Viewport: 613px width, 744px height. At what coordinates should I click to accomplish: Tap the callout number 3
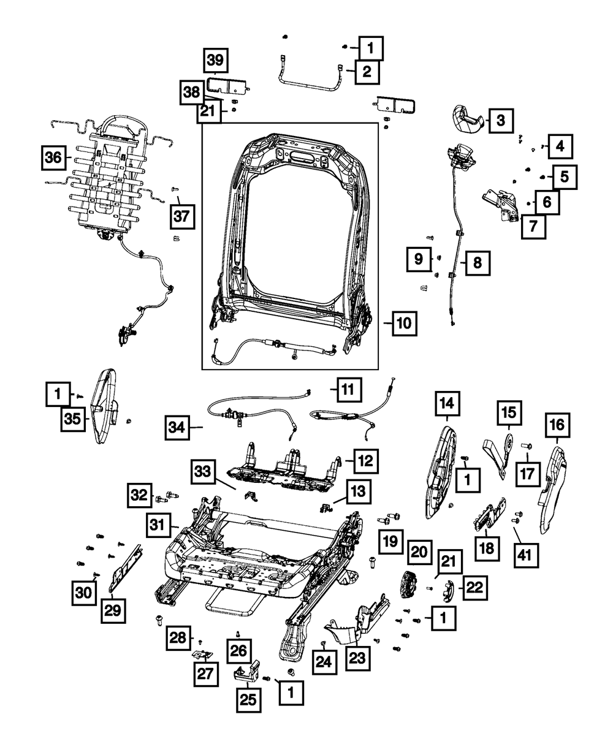point(500,121)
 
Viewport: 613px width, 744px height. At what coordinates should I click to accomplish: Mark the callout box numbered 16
point(556,424)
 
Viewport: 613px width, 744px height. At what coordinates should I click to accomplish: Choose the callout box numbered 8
point(477,264)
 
